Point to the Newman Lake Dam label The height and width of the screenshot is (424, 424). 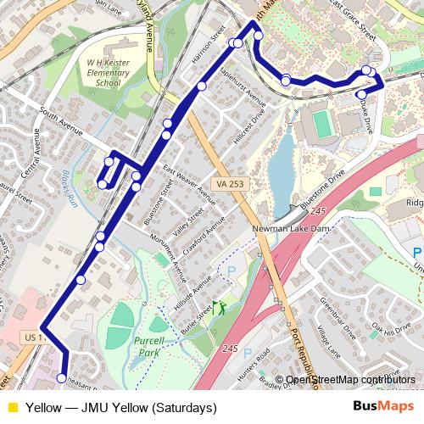288,229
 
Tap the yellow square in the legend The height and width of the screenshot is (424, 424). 12,408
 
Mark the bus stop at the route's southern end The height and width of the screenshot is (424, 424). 61,377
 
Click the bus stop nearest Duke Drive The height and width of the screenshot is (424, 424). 361,95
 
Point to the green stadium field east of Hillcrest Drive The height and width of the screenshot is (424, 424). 321,125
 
